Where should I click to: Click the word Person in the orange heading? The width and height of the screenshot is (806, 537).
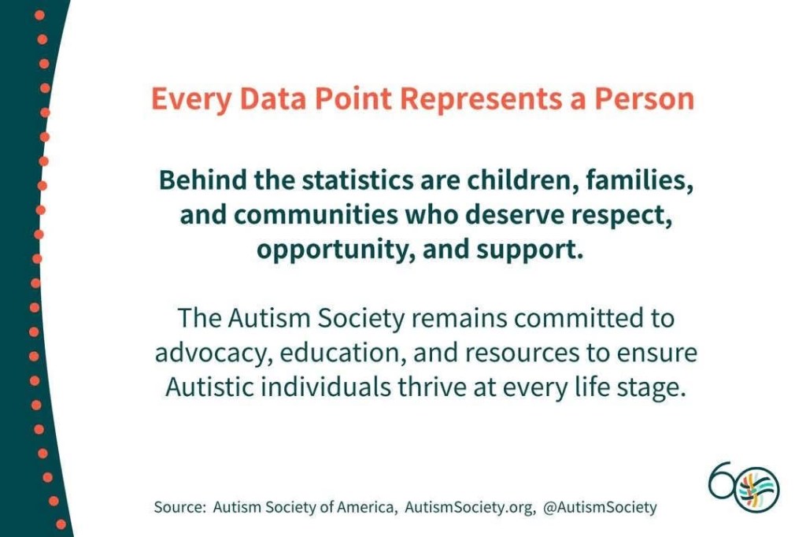pos(645,98)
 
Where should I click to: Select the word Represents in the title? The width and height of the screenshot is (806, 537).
pos(481,100)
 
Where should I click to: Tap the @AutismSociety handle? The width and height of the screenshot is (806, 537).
pos(600,508)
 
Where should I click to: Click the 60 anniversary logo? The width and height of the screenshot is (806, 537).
pos(744,486)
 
